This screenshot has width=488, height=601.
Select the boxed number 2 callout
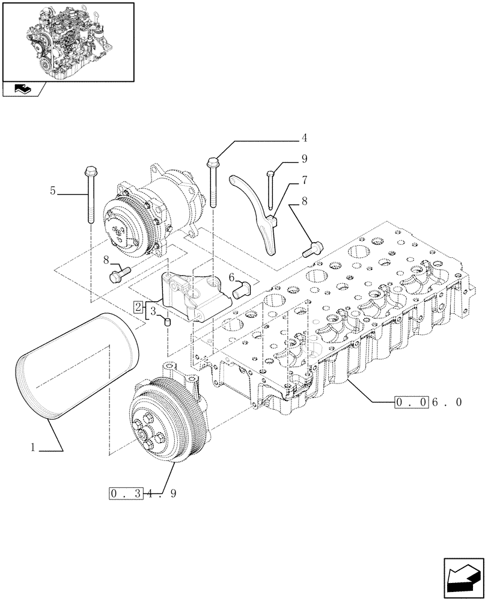(138, 307)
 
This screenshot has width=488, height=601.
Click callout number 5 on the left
(53, 191)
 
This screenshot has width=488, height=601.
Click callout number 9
(304, 159)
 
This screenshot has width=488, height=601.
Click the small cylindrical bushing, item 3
(168, 323)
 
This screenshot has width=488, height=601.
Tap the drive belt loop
(72, 367)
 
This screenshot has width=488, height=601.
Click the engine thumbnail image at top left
(67, 41)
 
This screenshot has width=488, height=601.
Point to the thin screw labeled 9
(270, 192)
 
